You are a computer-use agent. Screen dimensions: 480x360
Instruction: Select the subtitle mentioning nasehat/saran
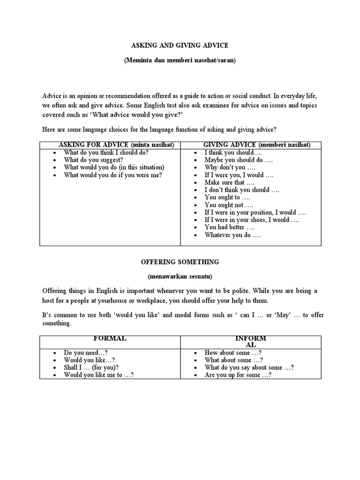180,61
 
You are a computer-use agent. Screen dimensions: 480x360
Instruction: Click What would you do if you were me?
112,175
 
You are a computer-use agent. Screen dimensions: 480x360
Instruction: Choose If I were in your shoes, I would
251,220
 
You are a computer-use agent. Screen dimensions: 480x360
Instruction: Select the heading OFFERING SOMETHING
180,262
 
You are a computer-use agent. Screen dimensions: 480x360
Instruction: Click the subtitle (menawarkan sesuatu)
180,277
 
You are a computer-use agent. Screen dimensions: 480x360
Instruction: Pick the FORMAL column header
110,338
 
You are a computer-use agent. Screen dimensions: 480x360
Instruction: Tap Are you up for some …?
238,375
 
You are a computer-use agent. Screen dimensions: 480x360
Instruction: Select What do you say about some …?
249,368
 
